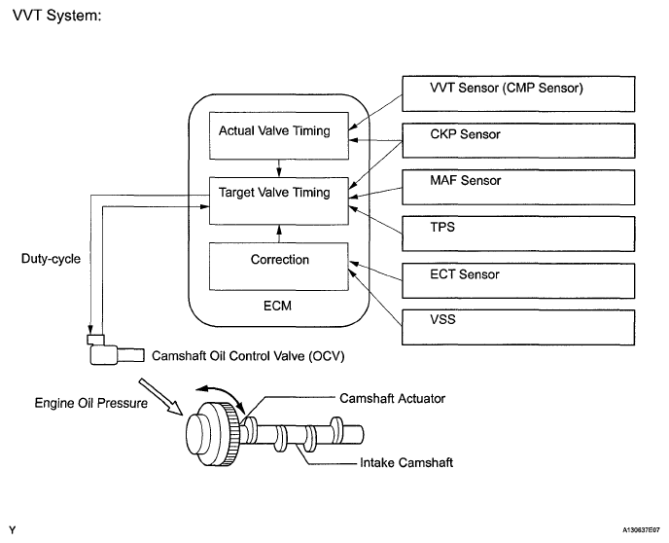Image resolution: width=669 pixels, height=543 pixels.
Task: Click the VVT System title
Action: coord(57,16)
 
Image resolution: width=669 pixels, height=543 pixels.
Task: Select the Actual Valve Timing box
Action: coord(279,136)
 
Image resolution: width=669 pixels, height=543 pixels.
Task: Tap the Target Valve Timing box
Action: coord(279,200)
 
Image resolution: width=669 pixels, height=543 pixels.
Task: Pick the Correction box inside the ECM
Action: coord(279,267)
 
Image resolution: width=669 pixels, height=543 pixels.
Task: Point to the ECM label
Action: coord(277,306)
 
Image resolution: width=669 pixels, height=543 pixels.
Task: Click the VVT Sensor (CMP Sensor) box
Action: coord(518,94)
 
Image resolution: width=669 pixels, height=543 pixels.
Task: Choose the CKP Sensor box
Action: coord(518,140)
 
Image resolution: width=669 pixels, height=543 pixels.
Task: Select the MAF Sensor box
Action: coord(518,187)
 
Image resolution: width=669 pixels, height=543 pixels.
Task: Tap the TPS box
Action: coord(518,234)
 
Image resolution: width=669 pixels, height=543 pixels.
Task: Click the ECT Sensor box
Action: coord(518,280)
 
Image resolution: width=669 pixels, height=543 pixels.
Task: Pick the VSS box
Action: coord(518,327)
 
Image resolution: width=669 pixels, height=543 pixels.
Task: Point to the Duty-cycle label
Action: coord(51,259)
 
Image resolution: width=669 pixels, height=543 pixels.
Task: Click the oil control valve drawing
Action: coord(115,350)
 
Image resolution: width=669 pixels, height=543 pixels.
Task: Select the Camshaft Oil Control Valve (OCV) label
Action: coord(248,356)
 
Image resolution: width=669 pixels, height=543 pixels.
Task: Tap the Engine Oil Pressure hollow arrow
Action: coord(160,396)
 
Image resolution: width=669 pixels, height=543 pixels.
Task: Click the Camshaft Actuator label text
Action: coord(392,398)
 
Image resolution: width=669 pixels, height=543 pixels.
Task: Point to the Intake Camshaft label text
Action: coord(406,463)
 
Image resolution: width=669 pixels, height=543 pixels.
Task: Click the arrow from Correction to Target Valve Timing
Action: coord(279,234)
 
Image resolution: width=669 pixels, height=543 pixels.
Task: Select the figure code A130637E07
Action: coord(641,530)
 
